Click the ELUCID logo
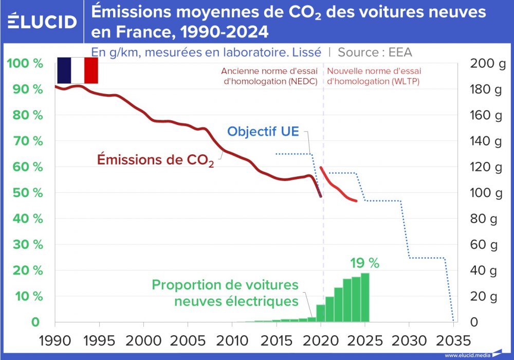[42, 21]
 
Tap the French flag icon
[77, 70]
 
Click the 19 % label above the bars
[364, 263]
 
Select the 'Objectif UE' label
[263, 131]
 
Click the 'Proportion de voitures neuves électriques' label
[225, 293]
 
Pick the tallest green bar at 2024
[365, 297]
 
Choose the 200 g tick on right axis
[488, 64]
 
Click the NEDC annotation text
[269, 76]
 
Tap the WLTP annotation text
[374, 76]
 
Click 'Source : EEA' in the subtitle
[375, 52]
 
